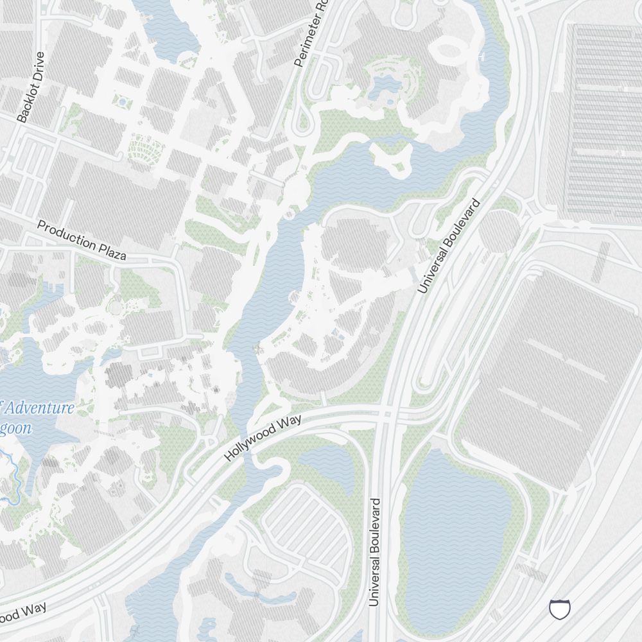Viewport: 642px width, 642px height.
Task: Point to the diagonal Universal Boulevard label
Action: (x=449, y=247)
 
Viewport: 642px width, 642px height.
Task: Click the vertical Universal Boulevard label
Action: (x=376, y=552)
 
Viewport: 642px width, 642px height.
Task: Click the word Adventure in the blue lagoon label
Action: (x=42, y=408)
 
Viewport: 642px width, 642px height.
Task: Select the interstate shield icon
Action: (x=560, y=609)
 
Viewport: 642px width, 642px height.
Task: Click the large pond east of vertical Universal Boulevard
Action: (x=456, y=526)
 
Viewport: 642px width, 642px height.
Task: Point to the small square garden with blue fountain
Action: (x=122, y=101)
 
